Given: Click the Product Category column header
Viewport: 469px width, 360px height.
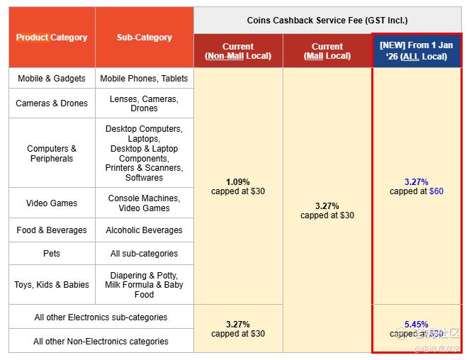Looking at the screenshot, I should (x=52, y=38).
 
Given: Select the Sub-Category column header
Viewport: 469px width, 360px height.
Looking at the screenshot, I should (x=145, y=38).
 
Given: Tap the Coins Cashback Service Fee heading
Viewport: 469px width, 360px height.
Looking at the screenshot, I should (x=327, y=21).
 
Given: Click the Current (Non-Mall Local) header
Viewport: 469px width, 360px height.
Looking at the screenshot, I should (x=238, y=51).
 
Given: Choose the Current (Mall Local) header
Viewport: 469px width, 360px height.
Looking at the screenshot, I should (x=327, y=51).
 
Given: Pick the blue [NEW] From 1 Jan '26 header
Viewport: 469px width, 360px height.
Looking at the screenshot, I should (x=417, y=51).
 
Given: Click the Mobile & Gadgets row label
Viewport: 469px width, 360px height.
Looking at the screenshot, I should (x=52, y=79).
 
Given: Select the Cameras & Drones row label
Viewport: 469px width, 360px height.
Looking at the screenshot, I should (x=52, y=103).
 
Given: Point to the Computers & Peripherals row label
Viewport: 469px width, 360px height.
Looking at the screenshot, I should (x=52, y=154).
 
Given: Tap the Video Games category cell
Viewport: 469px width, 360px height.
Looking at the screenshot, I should (x=52, y=203).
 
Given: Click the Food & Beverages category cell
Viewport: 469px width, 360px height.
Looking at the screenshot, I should (x=52, y=230).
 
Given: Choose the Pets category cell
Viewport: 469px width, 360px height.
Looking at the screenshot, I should (x=52, y=254).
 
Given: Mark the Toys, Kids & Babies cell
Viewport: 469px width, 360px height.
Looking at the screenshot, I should (x=52, y=285).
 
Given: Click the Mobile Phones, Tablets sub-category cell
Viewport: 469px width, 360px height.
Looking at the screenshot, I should (x=145, y=79).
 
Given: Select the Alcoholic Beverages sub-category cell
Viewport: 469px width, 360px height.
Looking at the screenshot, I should (x=145, y=230).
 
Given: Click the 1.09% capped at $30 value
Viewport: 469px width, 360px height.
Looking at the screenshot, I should (x=238, y=186).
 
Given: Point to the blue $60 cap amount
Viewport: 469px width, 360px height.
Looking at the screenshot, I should (x=436, y=191).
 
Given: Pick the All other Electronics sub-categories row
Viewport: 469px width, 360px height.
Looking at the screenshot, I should (x=101, y=317).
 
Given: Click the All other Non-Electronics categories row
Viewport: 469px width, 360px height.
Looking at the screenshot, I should (x=101, y=342).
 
